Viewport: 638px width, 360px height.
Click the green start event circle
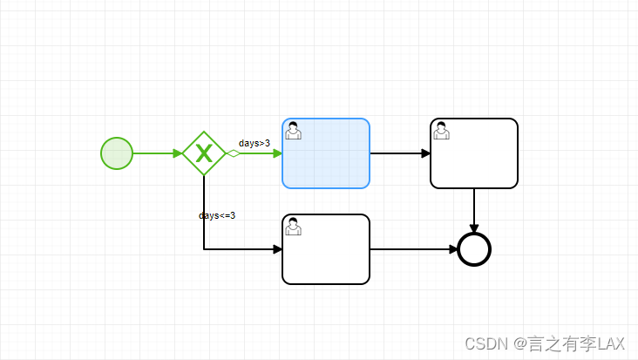(117, 153)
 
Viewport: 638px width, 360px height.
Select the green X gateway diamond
(204, 153)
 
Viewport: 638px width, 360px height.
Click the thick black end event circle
(474, 249)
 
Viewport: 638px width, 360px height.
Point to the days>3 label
(255, 143)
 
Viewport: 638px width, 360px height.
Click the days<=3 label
(217, 215)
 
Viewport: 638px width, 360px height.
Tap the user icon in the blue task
(294, 130)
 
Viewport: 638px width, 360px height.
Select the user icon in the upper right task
(442, 130)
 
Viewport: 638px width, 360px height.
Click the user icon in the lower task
(294, 226)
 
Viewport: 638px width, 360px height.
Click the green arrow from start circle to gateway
(157, 153)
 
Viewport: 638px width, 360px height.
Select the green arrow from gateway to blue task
(260, 153)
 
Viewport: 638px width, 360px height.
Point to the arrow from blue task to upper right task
(400, 153)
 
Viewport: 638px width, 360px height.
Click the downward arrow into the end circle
(474, 210)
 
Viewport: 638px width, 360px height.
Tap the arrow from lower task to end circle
(414, 249)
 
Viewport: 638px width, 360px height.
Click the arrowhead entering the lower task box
(277, 249)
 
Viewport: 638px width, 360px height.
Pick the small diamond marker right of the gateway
(233, 153)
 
